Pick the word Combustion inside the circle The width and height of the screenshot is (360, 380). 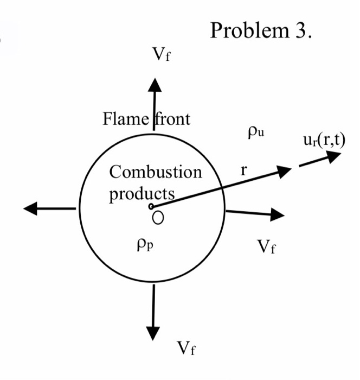point(155,173)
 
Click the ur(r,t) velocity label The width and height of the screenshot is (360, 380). point(324,140)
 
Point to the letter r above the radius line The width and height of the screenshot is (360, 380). point(244,170)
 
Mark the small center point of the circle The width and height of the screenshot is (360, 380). point(151,207)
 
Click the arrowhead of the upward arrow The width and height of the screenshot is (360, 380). point(155,86)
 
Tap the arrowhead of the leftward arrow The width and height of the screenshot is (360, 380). point(30,208)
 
